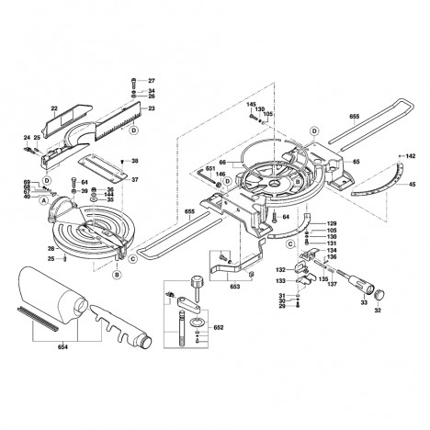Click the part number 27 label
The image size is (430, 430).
153,82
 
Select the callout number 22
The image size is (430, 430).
53,107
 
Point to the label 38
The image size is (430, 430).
135,162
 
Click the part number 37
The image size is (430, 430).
135,180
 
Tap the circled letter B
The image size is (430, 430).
117,275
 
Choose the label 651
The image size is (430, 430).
210,169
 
